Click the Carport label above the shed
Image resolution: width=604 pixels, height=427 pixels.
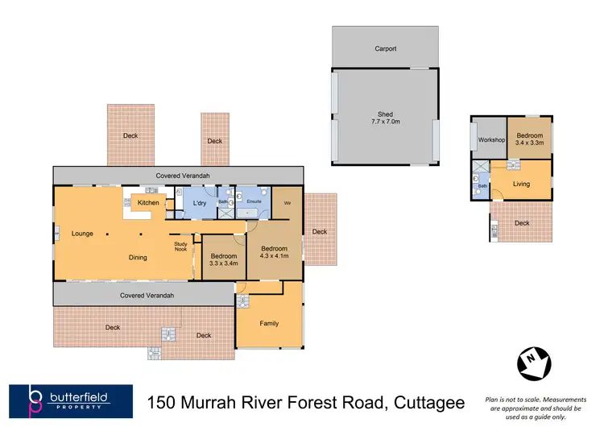click(x=386, y=49)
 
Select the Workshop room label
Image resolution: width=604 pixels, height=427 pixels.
click(x=490, y=140)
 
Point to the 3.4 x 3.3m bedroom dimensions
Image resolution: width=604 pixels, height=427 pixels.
click(x=529, y=143)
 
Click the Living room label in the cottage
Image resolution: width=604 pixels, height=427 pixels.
click(x=522, y=184)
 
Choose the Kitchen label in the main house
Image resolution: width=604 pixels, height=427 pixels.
click(x=148, y=202)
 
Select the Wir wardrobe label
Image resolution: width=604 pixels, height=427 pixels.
click(x=287, y=202)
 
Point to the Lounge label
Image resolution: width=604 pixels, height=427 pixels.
click(x=82, y=234)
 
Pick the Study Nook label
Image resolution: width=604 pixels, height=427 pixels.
click(x=181, y=247)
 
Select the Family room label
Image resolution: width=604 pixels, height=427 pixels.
click(x=269, y=324)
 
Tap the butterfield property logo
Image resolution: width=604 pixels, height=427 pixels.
click(x=70, y=400)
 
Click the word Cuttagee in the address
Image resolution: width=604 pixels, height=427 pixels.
click(x=432, y=400)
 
